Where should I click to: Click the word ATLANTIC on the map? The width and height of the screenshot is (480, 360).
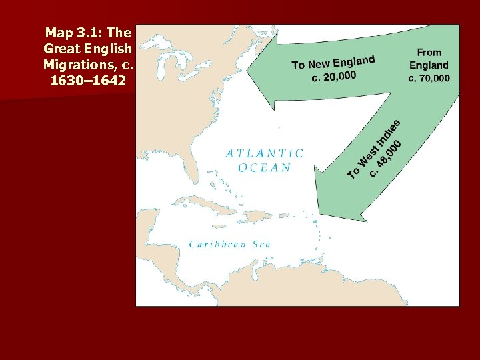(x=265, y=153)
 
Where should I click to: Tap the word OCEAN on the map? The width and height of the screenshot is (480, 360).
(x=265, y=167)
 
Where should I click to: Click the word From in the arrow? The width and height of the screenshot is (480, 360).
(x=429, y=52)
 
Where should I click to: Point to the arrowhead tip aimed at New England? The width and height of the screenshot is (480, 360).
(x=248, y=69)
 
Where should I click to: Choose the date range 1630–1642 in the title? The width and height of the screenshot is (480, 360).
(x=88, y=81)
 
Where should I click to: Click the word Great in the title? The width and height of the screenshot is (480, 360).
(x=61, y=49)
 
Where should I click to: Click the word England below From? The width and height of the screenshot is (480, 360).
(x=429, y=65)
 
